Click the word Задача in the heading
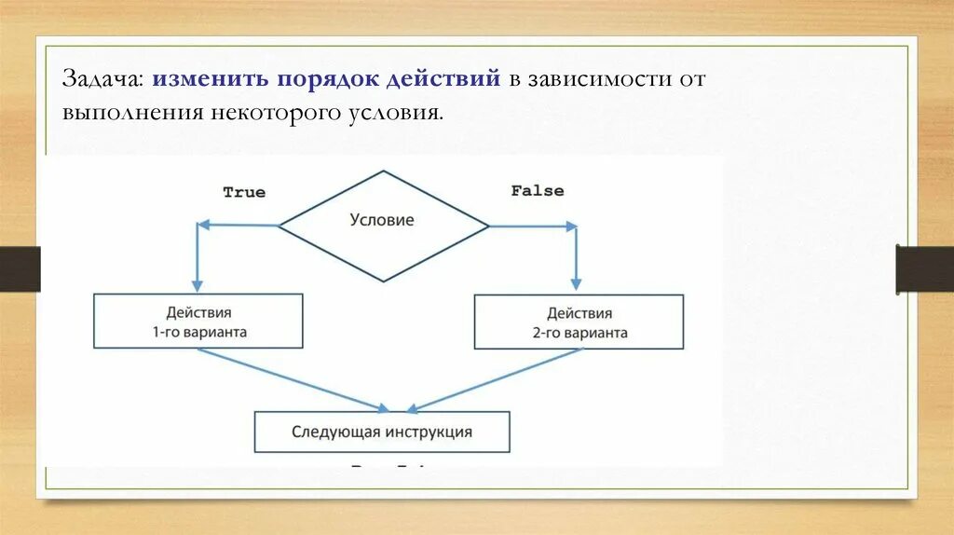click(x=102, y=79)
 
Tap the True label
click(x=244, y=192)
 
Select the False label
click(x=538, y=190)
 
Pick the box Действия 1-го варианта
click(x=198, y=322)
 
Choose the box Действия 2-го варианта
click(x=579, y=322)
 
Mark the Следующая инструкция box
click(x=382, y=432)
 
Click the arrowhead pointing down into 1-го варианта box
click(x=197, y=283)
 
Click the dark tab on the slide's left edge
click(x=20, y=269)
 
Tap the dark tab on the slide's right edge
click(x=925, y=269)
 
